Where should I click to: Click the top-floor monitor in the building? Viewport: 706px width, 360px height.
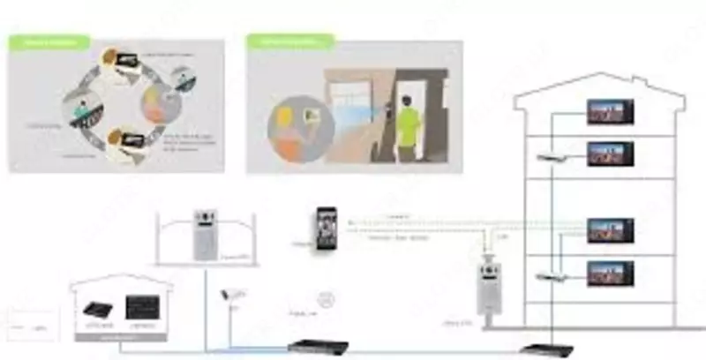tap(610, 112)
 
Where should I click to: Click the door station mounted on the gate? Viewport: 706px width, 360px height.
tap(206, 236)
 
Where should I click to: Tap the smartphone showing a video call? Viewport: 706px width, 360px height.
tap(327, 229)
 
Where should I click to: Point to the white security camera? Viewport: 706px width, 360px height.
tap(233, 294)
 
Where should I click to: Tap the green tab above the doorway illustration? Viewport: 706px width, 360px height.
tap(289, 41)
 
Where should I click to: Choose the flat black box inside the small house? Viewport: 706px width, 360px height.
tap(98, 309)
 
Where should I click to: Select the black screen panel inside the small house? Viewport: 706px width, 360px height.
tap(141, 307)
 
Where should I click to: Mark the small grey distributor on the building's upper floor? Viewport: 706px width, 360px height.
tap(551, 156)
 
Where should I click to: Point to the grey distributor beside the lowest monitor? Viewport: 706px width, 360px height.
tap(550, 277)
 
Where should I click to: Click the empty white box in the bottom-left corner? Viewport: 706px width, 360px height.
tap(32, 325)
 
